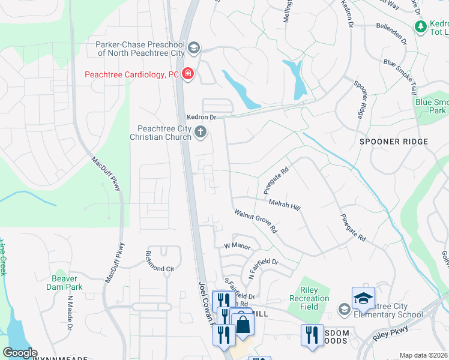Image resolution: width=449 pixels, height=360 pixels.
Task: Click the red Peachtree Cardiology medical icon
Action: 188,74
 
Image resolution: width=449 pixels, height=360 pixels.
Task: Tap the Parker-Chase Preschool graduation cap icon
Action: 194,47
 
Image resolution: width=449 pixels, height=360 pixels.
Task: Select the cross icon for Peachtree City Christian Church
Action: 201,132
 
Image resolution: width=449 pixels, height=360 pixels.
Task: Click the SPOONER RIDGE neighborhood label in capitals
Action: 394,142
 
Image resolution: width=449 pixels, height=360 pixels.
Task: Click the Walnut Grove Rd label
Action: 256,221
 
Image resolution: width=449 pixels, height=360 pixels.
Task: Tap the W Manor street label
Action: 237,246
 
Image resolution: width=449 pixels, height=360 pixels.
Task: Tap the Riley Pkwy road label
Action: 391,333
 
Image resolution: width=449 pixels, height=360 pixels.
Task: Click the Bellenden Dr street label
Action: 391,34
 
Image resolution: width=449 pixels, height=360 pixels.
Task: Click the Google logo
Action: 20,353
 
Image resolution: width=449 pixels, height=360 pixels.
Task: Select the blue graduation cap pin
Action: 363,298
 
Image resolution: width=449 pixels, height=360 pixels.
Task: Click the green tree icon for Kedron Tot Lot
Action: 421,26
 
